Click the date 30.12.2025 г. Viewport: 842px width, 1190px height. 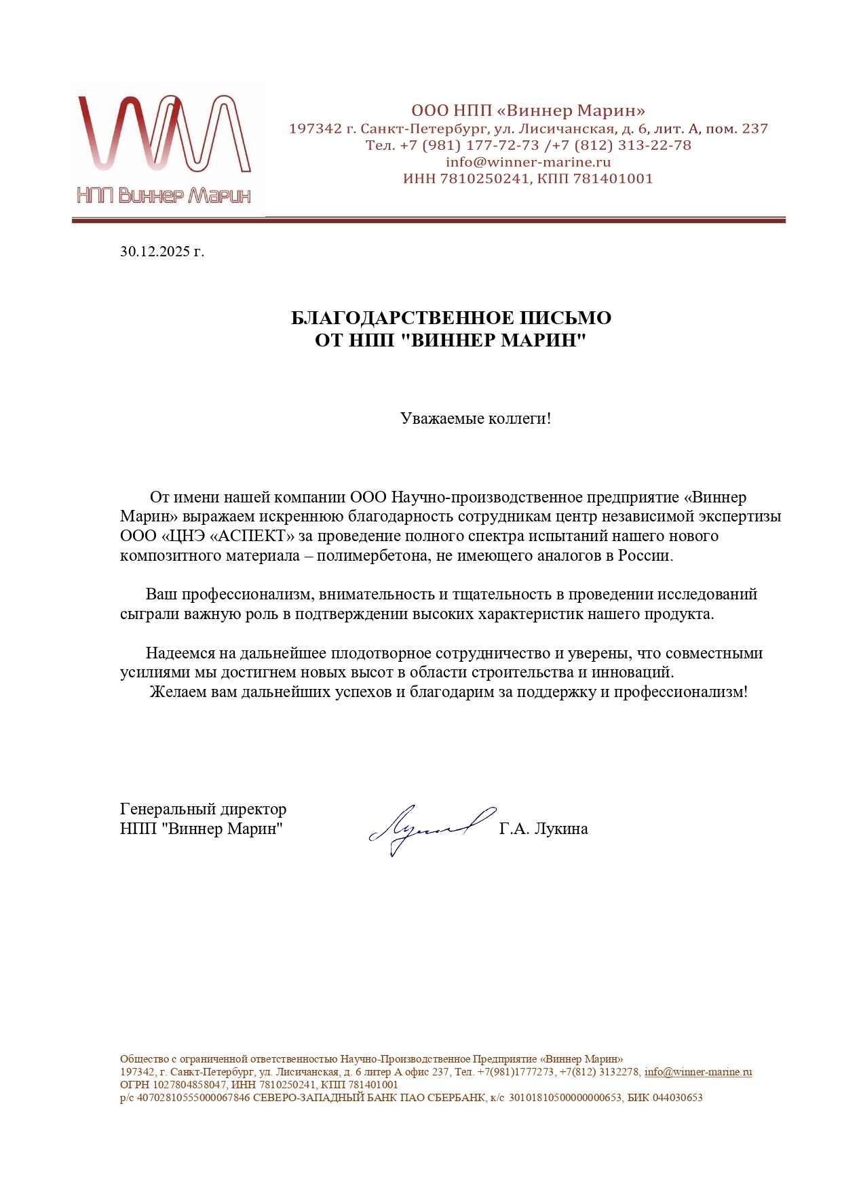tap(162, 252)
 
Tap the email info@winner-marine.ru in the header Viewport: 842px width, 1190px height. tap(528, 162)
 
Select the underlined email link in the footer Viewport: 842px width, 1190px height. tap(697, 1072)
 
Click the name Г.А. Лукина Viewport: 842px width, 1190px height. tap(543, 829)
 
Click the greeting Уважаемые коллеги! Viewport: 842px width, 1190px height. tap(476, 418)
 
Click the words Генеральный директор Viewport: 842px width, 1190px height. tap(203, 809)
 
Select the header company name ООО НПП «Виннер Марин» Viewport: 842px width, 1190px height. tap(528, 111)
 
